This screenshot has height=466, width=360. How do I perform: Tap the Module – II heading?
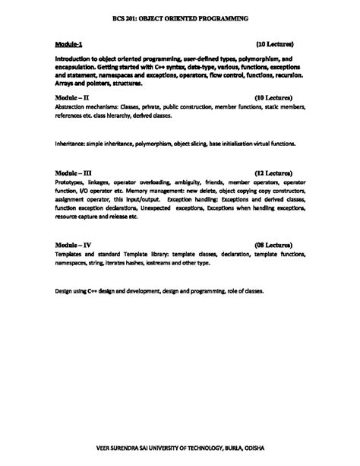73,98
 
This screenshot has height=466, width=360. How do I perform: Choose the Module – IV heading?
74,244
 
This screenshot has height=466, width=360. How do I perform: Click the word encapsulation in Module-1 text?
80,67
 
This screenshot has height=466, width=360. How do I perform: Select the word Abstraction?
73,107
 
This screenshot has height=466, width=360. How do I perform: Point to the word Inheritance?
74,143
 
